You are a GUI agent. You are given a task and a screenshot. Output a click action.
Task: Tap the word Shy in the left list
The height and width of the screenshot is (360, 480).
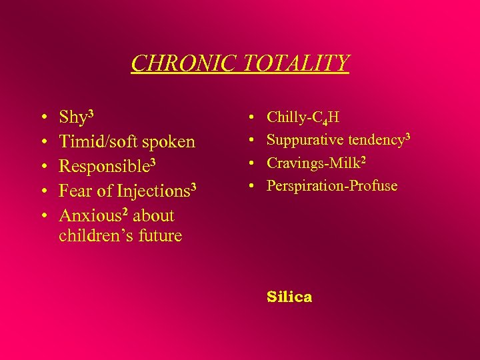tap(73, 118)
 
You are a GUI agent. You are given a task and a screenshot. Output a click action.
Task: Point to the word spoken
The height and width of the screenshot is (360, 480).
tap(169, 142)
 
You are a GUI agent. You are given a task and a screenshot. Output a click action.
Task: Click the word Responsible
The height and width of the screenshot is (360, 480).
tap(105, 167)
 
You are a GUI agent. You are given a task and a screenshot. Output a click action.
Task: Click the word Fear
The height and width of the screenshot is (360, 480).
tap(75, 191)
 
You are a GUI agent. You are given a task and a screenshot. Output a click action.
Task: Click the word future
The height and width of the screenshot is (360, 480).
tap(159, 236)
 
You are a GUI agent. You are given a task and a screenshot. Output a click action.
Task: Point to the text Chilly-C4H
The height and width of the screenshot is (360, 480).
tap(303, 118)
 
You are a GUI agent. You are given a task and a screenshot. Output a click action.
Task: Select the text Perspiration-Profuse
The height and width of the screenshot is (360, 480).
tap(331, 186)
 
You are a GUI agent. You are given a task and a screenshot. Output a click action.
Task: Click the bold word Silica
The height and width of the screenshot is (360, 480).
tap(289, 297)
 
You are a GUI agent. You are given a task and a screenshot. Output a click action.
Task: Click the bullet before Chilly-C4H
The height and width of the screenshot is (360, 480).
tap(251, 118)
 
